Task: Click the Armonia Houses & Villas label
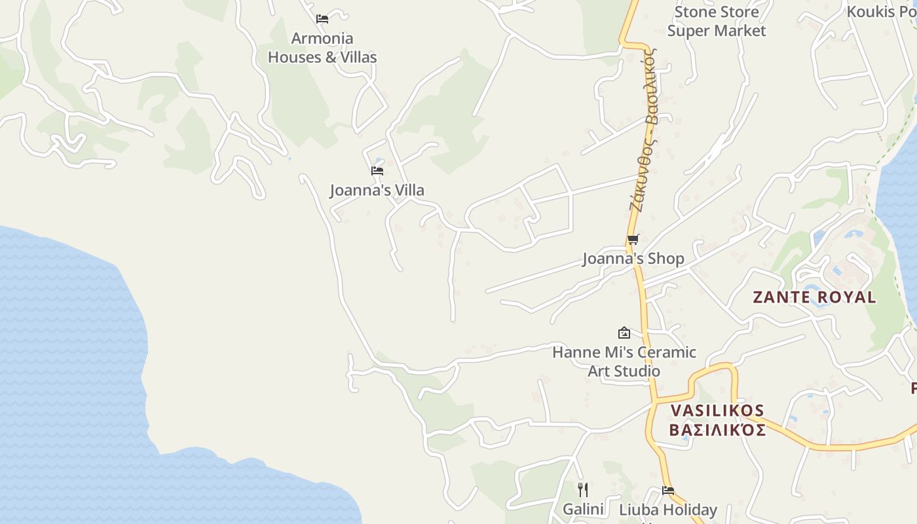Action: coord(322,48)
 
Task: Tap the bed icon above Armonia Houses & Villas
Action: coord(322,19)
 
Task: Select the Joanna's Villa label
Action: coord(377,190)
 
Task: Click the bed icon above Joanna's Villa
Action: coord(377,171)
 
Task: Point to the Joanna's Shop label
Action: coord(633,259)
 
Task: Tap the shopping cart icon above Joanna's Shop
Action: coord(633,240)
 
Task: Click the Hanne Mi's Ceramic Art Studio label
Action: coord(624,362)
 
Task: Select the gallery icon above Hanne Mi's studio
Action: coord(624,333)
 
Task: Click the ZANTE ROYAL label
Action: coord(814,297)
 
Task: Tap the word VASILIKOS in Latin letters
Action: coord(717,411)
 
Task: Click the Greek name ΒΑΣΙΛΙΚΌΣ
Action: coord(717,430)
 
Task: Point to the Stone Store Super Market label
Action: coord(717,21)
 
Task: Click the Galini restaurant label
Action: coord(583,509)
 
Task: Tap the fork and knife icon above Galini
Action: coord(583,489)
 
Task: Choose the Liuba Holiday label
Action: coord(668,510)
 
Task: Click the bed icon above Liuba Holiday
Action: coord(668,490)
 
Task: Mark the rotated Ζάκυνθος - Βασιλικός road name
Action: coord(643,129)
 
